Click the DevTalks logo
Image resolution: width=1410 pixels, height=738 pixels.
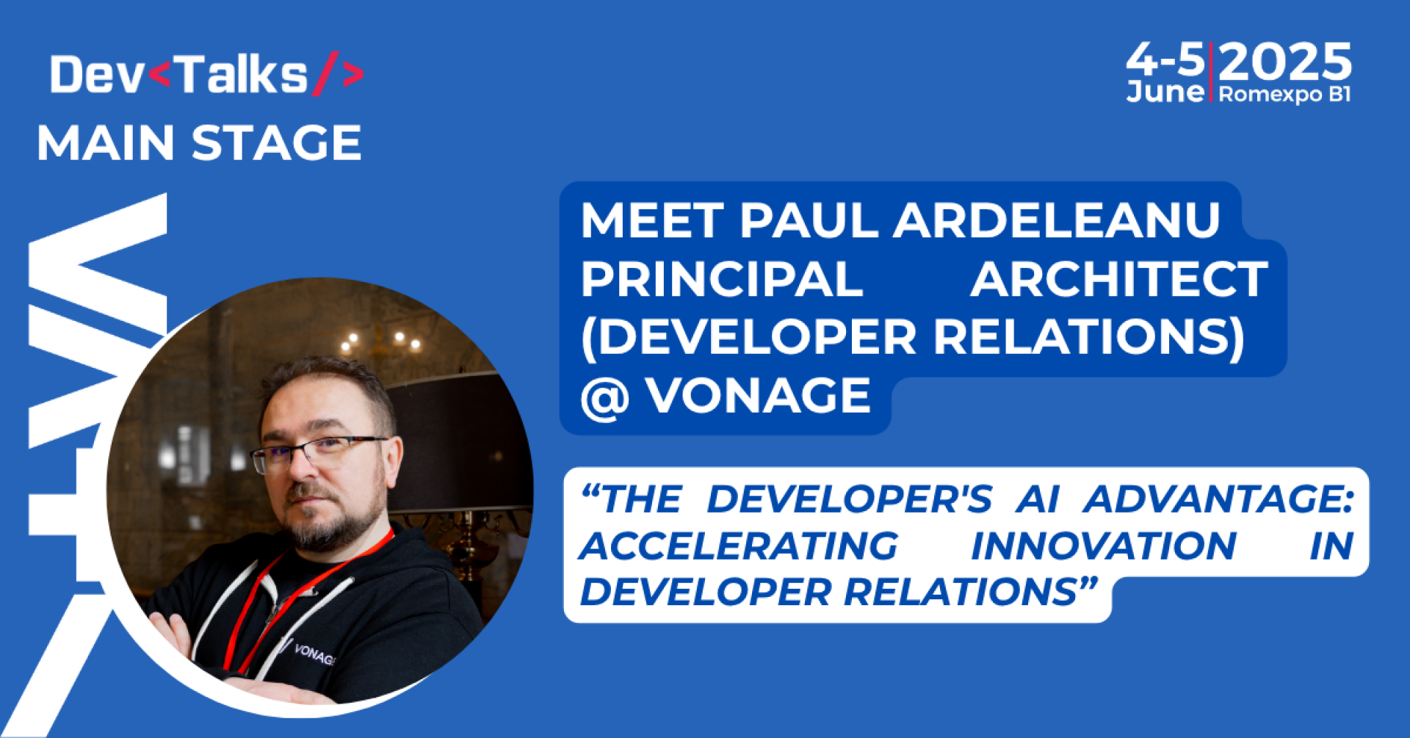coord(206,75)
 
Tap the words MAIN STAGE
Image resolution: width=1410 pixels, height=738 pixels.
coord(199,142)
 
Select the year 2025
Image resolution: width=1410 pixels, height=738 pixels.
coord(1284,62)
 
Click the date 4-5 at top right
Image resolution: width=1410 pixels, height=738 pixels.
coord(1165,59)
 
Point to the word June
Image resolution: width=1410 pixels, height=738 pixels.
coord(1165,92)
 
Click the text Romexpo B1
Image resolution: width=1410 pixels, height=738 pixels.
coord(1284,95)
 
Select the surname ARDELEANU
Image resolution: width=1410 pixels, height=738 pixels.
coord(1057,220)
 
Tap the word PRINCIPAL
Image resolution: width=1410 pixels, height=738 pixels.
coord(722,279)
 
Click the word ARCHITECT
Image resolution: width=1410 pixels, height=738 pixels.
coord(1118,279)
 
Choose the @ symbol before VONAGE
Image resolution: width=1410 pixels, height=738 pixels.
coord(604,397)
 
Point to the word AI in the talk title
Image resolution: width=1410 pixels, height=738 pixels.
coord(1037,500)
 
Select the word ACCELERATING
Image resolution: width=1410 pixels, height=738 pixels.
coord(739,546)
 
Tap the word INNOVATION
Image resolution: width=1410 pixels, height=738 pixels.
coord(1104,546)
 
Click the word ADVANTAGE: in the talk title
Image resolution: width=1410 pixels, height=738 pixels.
coord(1219,500)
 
